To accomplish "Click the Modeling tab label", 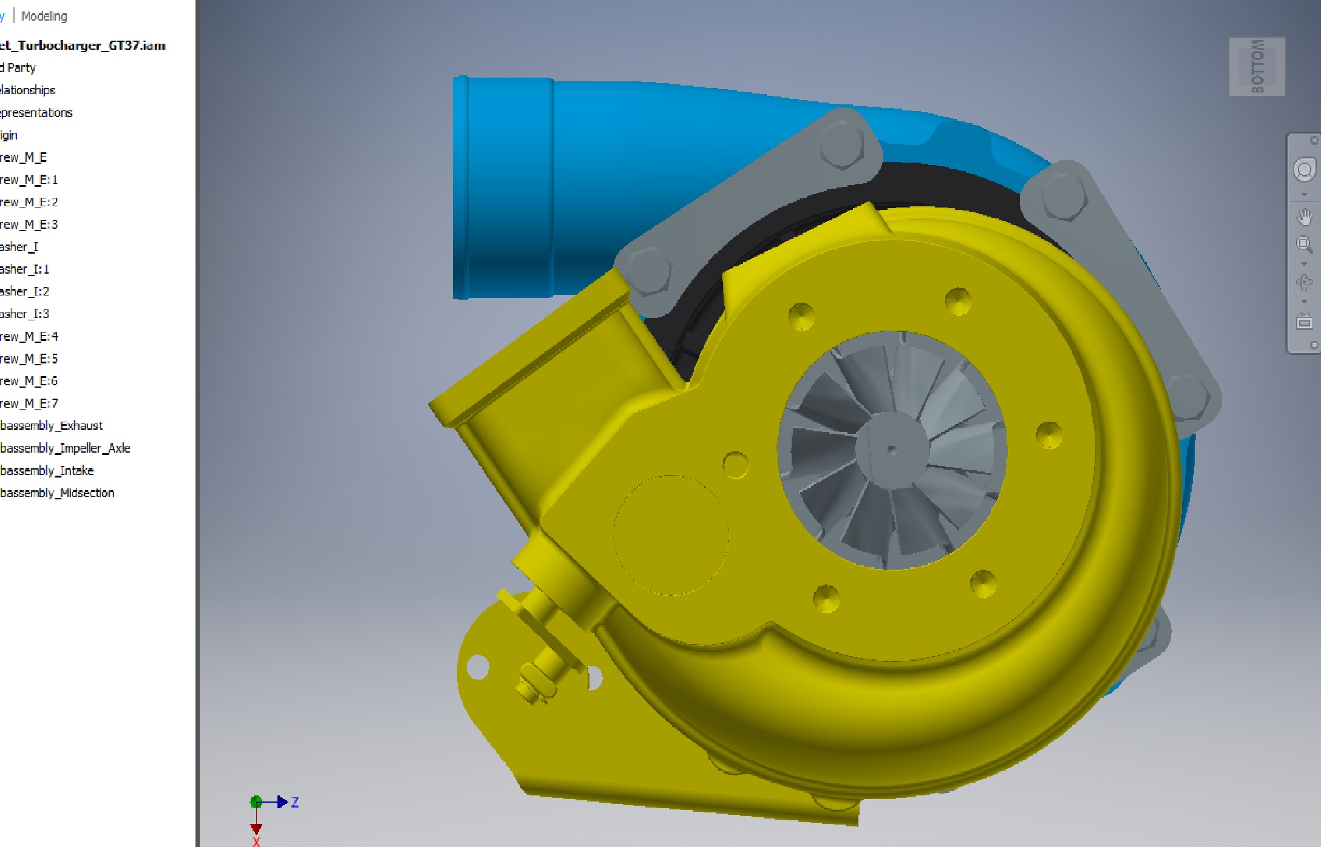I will tap(44, 16).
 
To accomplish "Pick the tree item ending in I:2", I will tap(25, 291).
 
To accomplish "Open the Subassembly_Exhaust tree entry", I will tap(52, 426).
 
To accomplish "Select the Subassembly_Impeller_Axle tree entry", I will tap(65, 448).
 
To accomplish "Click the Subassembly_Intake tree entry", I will tap(47, 471).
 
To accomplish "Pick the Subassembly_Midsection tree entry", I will tap(57, 493).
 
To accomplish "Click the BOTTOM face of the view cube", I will tap(1257, 67).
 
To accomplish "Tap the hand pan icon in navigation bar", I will tap(1305, 217).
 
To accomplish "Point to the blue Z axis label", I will tap(295, 802).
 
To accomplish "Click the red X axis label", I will tap(256, 842).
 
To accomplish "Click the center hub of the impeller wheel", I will tap(891, 450).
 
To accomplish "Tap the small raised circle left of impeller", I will tap(735, 465).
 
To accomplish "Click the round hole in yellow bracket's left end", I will tap(478, 667).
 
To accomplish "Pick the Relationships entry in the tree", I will tap(27, 90).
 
